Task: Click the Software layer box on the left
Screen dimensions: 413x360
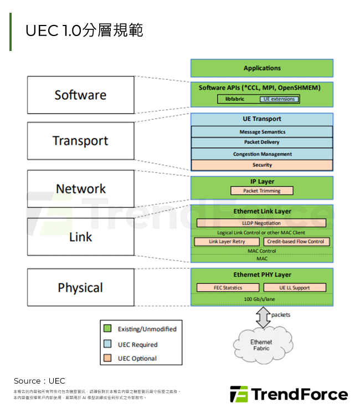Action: coord(80,95)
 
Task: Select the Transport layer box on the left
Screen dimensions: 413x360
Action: coord(80,141)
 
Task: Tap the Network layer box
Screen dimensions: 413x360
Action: coord(80,188)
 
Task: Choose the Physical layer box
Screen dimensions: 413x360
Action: coord(80,287)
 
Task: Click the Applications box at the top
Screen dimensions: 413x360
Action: coord(262,68)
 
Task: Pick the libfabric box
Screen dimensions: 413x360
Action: coord(235,99)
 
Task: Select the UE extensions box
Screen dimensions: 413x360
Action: coord(280,99)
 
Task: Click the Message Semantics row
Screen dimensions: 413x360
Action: coord(262,132)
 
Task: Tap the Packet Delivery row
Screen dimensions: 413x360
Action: coord(262,142)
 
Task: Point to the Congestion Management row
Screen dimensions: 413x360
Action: coord(262,154)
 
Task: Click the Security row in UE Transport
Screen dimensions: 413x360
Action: coord(262,165)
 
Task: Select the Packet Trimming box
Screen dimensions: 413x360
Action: coord(262,191)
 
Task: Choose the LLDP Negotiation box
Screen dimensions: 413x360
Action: coord(262,223)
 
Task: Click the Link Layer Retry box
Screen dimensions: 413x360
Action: coord(227,242)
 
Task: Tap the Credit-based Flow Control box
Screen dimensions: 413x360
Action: coord(296,242)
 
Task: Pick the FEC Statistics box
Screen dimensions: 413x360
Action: coord(228,288)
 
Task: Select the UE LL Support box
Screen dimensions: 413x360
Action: coord(294,288)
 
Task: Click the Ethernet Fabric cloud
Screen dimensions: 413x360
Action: coord(261,345)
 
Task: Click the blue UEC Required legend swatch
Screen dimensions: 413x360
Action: coord(107,344)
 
